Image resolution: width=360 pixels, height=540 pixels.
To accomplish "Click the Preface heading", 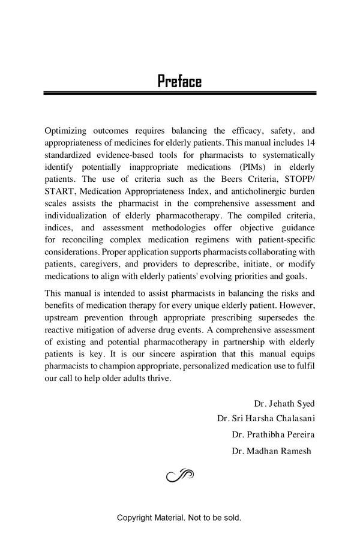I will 179,81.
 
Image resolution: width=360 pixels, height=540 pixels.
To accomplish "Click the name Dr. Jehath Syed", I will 284,404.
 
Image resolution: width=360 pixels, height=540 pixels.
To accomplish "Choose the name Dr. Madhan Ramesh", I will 271,451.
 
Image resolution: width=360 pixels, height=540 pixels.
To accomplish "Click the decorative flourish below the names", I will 179,476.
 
